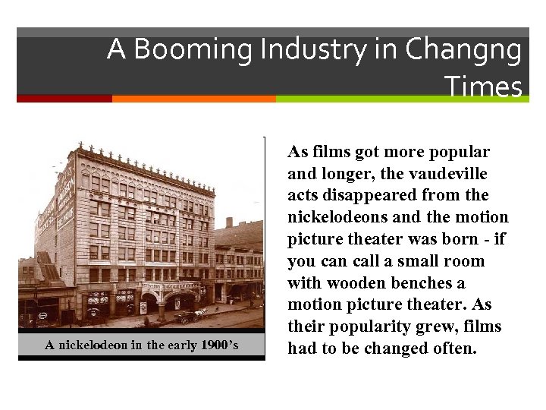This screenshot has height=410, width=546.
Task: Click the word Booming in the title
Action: (191, 50)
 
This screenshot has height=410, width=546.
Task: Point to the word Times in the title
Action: (483, 87)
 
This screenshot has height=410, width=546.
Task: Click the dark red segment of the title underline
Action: (64, 99)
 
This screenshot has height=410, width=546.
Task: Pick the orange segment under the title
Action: (193, 99)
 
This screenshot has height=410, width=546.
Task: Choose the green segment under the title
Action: (402, 99)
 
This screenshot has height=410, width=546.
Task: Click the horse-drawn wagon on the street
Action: (189, 315)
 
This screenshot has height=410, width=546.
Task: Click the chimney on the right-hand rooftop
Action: (229, 222)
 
